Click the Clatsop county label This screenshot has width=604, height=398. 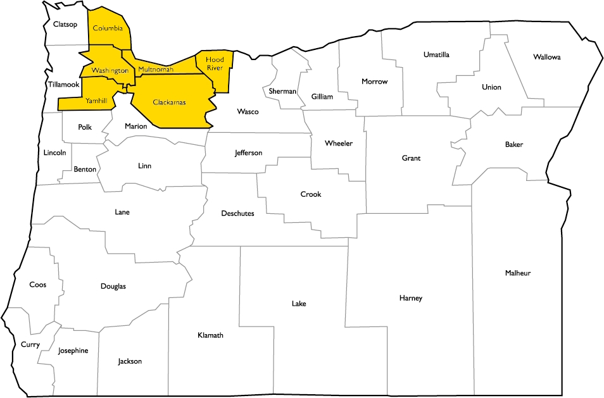(x=65, y=25)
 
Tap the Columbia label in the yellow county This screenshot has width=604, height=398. (x=108, y=28)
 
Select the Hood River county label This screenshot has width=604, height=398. (x=215, y=64)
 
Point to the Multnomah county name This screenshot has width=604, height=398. (x=155, y=69)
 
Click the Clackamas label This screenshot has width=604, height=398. (x=170, y=101)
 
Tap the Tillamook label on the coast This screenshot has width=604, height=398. (x=63, y=84)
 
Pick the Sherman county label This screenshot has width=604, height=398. (x=282, y=91)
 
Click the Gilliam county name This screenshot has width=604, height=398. (x=322, y=97)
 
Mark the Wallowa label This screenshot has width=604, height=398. (x=546, y=57)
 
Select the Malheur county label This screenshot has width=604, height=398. (x=518, y=273)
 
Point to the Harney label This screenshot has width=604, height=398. (x=410, y=298)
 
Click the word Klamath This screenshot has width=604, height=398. (x=210, y=335)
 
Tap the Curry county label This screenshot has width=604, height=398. (x=30, y=345)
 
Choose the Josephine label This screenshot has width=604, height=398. (x=73, y=351)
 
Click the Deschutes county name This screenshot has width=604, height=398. (x=237, y=214)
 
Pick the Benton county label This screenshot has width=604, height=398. (x=85, y=170)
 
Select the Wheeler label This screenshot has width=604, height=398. (x=339, y=144)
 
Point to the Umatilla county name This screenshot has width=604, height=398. (x=436, y=55)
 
